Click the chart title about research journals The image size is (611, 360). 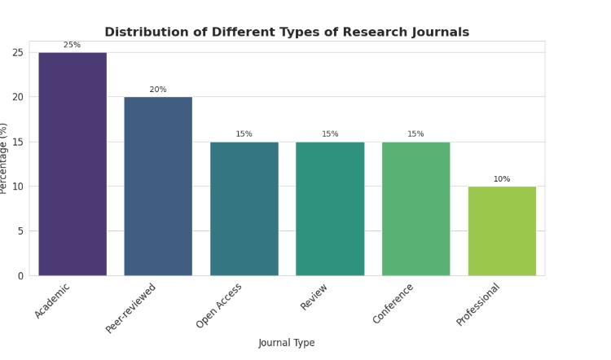(x=287, y=33)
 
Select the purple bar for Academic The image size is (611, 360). (x=73, y=164)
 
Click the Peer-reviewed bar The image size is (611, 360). (x=158, y=187)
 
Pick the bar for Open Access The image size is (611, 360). (x=244, y=209)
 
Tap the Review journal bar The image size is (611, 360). (x=330, y=209)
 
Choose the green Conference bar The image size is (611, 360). (x=415, y=209)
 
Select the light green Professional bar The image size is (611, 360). (x=502, y=231)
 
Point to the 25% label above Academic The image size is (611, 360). (x=73, y=46)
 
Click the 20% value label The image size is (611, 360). (x=158, y=90)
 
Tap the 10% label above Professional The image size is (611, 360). (x=502, y=179)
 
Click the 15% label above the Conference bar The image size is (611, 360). (x=415, y=134)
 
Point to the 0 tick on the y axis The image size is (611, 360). (x=20, y=276)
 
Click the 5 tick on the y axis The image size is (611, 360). (x=20, y=231)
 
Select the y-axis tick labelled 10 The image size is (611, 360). (x=18, y=187)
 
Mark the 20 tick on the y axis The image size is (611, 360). (x=18, y=97)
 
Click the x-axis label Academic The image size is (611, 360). (x=54, y=300)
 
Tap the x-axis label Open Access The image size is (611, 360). (x=220, y=305)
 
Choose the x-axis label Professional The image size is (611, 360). (x=479, y=304)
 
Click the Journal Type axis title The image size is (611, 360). (x=287, y=343)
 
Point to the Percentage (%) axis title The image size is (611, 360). (x=4, y=158)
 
